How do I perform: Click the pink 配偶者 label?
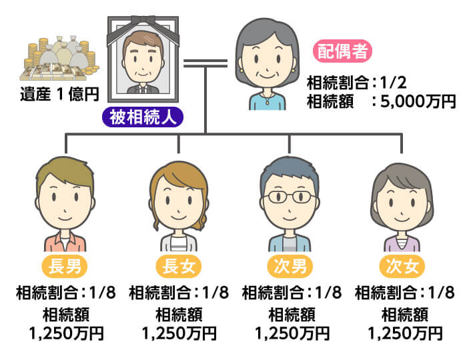[x=342, y=51]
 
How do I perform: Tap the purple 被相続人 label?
[x=143, y=118]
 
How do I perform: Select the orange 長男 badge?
[x=65, y=267]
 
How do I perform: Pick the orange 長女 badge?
[x=178, y=267]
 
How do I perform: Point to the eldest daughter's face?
[x=179, y=200]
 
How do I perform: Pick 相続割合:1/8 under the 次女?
[x=404, y=292]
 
